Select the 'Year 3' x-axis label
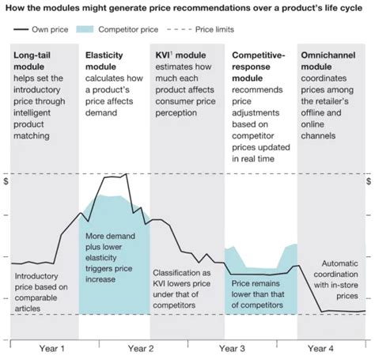(x=231, y=347)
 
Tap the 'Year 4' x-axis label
(x=320, y=347)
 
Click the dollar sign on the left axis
(x=6, y=181)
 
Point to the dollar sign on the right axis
(x=368, y=181)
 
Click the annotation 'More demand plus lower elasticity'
(x=113, y=252)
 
